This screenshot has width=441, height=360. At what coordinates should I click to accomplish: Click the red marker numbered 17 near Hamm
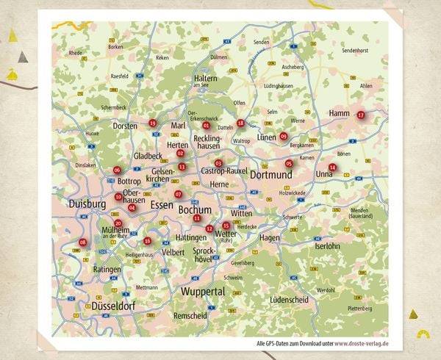(x=360, y=115)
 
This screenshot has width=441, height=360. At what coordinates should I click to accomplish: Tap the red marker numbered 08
(x=82, y=242)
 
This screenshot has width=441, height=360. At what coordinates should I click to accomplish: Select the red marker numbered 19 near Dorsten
(x=152, y=123)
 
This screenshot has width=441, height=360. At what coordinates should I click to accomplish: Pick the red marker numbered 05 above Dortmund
(x=289, y=163)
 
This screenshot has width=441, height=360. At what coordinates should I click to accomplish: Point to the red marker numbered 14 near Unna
(x=332, y=167)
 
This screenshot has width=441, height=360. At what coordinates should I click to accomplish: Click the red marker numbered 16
(x=147, y=240)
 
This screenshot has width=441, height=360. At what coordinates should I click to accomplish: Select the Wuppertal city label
(x=202, y=292)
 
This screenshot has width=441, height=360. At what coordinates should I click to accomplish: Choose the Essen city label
(x=161, y=206)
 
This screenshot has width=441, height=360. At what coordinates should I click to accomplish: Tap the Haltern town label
(x=205, y=78)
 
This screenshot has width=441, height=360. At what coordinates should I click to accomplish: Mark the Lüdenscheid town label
(x=291, y=300)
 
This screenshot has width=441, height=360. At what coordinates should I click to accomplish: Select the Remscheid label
(x=190, y=315)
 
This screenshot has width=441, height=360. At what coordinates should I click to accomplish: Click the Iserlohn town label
(x=328, y=246)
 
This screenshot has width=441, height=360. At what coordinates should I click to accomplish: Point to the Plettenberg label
(x=361, y=309)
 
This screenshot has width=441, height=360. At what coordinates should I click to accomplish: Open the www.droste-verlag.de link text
(x=362, y=343)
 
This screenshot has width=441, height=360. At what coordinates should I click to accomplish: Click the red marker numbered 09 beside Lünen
(x=283, y=136)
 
